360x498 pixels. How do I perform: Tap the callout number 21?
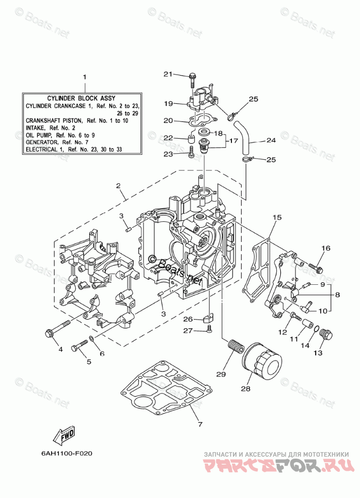pos(168,74)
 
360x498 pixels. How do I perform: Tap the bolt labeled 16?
pos(315,267)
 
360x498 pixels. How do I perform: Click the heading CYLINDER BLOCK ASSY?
pos(81,98)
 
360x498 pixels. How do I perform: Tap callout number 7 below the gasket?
pos(200,424)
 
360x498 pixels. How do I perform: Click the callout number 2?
pos(118,186)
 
